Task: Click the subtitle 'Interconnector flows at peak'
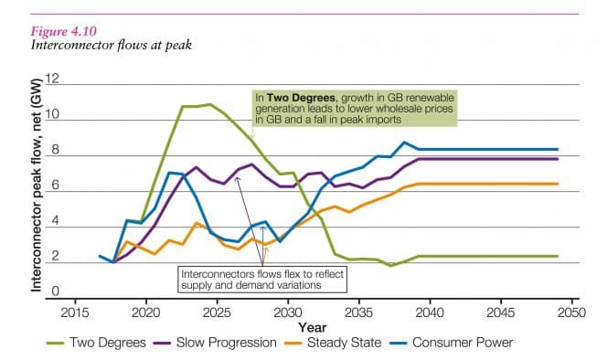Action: pyautogui.click(x=105, y=43)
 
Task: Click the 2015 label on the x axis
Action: pyautogui.click(x=75, y=312)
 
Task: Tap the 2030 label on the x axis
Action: pyautogui.click(x=288, y=312)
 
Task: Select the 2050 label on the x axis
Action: pyautogui.click(x=571, y=312)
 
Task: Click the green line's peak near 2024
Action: pyautogui.click(x=209, y=104)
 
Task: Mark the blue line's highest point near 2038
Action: pyautogui.click(x=404, y=143)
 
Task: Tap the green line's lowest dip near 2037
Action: pyautogui.click(x=391, y=265)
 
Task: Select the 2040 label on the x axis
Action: pyautogui.click(x=430, y=312)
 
